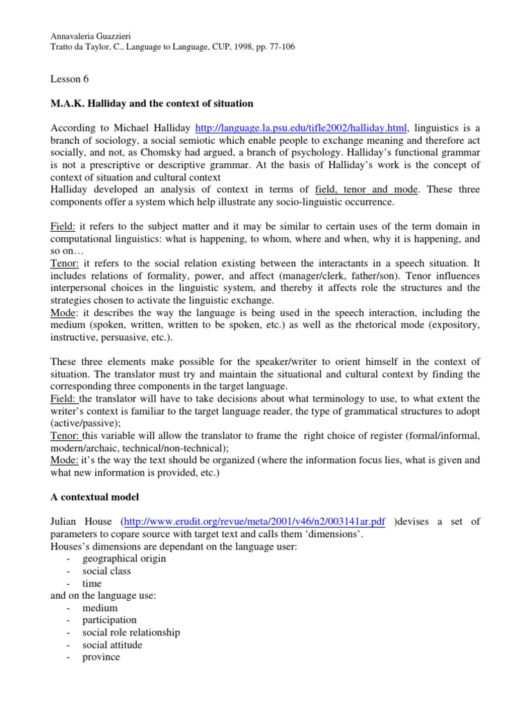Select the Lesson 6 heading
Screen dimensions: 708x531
pyautogui.click(x=73, y=80)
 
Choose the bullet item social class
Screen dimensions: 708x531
pyautogui.click(x=106, y=571)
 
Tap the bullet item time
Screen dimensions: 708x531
pyautogui.click(x=92, y=584)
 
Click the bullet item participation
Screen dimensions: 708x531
pyautogui.click(x=109, y=620)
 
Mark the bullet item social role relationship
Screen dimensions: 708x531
pyautogui.click(x=131, y=633)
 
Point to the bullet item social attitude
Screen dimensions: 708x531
pyautogui.click(x=112, y=645)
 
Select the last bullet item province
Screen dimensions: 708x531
pyautogui.click(x=101, y=658)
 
